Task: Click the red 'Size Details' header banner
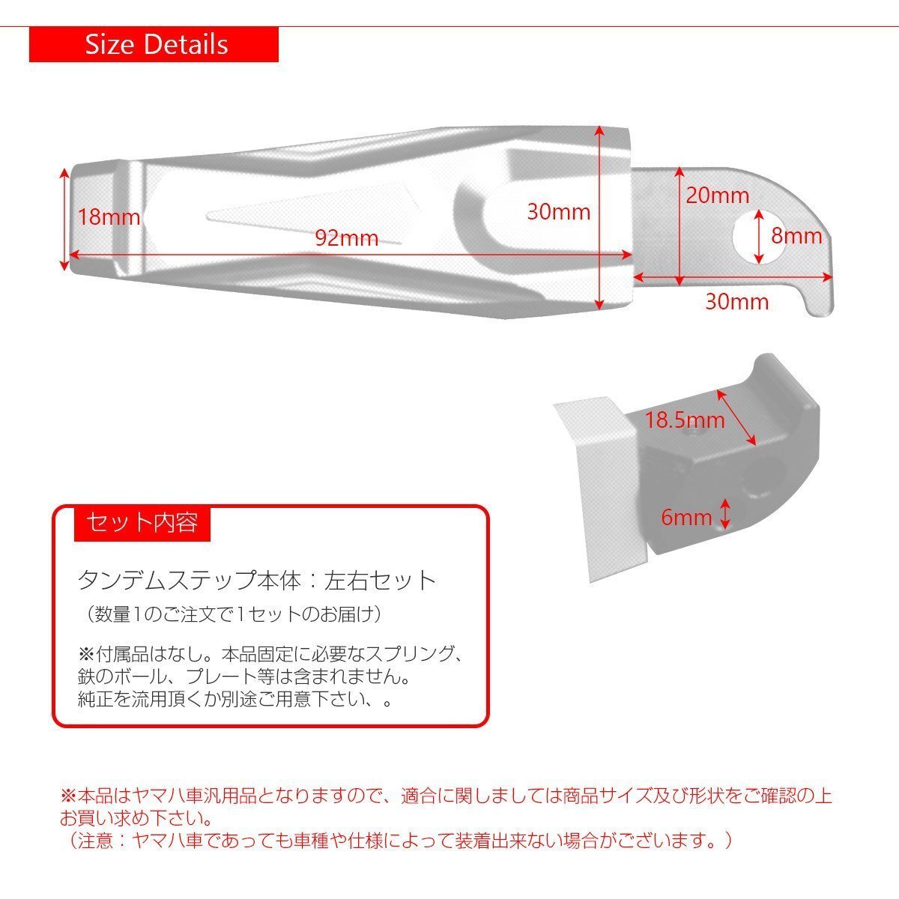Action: [154, 45]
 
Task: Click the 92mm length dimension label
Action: [346, 239]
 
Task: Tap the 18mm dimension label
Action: [109, 218]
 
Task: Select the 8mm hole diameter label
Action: [797, 236]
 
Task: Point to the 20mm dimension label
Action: [717, 196]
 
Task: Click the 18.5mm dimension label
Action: [685, 420]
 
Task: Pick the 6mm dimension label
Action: [686, 517]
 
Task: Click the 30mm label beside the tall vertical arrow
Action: [558, 212]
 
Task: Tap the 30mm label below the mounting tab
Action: [737, 301]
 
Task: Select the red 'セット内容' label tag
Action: [142, 523]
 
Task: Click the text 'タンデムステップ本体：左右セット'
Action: [257, 581]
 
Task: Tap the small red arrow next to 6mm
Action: [725, 514]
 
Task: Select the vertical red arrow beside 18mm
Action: [65, 218]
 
